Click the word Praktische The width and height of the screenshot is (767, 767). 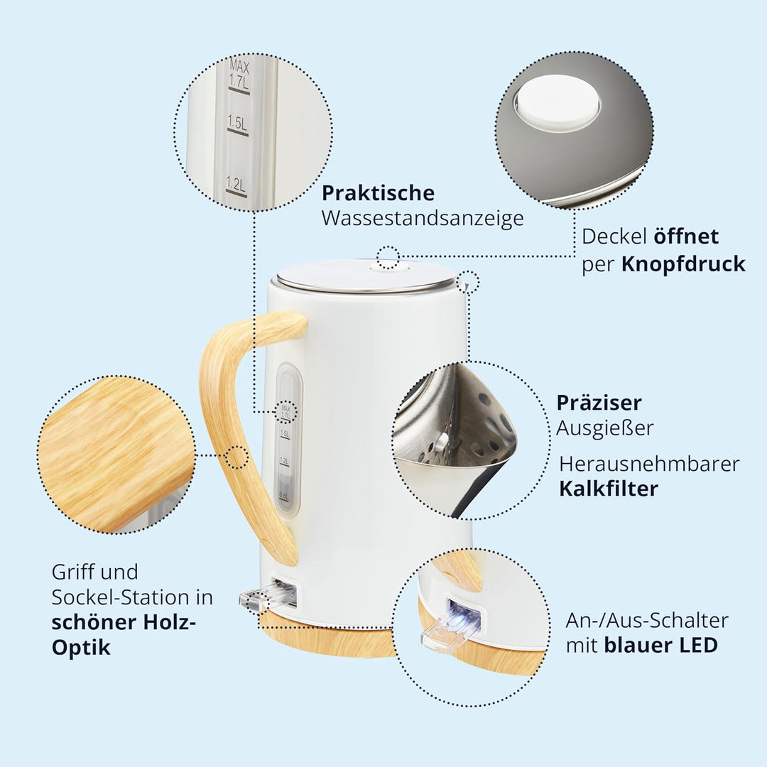click(x=378, y=192)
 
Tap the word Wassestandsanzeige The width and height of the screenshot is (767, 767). click(x=423, y=218)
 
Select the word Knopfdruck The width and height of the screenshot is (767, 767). click(x=683, y=265)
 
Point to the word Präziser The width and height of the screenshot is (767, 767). click(x=599, y=403)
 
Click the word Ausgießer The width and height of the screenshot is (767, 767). click(x=604, y=428)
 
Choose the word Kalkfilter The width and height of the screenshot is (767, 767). click(x=609, y=489)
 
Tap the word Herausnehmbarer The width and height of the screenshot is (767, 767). click(x=649, y=464)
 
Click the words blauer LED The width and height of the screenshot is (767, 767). click(x=661, y=645)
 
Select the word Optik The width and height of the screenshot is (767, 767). click(x=81, y=648)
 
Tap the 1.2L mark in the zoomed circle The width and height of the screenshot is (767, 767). click(x=236, y=186)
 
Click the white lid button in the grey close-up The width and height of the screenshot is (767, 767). click(x=557, y=103)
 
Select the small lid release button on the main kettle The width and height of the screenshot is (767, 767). click(x=389, y=266)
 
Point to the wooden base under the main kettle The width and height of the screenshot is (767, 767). click(x=327, y=639)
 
